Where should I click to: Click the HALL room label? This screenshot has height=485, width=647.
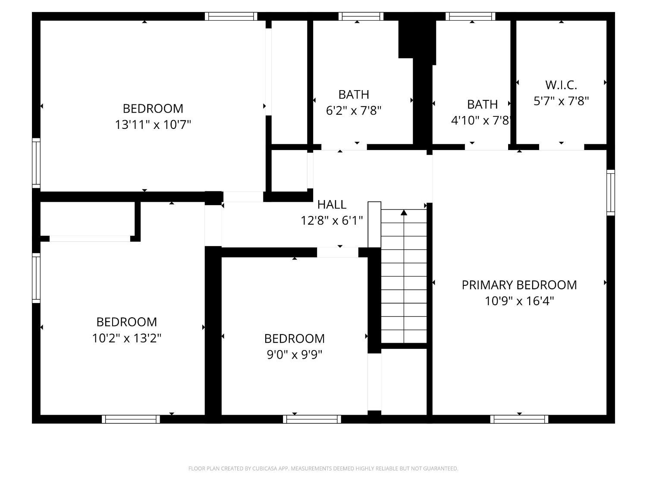(332, 204)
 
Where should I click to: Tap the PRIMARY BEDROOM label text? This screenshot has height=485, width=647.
(519, 285)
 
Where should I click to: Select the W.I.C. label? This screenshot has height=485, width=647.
(561, 84)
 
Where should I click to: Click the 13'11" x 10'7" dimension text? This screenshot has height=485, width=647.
(153, 125)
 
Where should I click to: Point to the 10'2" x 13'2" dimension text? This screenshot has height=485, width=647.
(127, 338)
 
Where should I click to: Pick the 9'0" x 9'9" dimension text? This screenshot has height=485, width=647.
(295, 354)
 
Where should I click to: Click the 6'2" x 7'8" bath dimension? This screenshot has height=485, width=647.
(354, 111)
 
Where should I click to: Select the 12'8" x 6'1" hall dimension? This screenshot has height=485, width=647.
(332, 221)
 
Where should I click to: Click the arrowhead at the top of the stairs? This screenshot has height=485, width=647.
(404, 213)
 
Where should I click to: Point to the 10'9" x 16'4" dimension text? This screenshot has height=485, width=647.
(519, 301)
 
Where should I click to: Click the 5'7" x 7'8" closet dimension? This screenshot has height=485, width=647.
(561, 101)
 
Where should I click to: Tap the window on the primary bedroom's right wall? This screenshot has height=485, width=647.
(610, 192)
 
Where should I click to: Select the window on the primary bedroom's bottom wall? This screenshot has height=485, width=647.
(519, 419)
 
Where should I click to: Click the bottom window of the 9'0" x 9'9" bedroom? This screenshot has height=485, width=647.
(312, 419)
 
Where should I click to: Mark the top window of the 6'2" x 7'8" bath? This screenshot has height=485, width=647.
(361, 16)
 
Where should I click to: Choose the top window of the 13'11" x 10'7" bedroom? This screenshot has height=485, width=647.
(231, 16)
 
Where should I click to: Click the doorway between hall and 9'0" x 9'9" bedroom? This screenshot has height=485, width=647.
(338, 252)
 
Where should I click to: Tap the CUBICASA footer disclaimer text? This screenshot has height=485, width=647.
(323, 469)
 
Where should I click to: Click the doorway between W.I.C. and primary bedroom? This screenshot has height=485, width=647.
(561, 147)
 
